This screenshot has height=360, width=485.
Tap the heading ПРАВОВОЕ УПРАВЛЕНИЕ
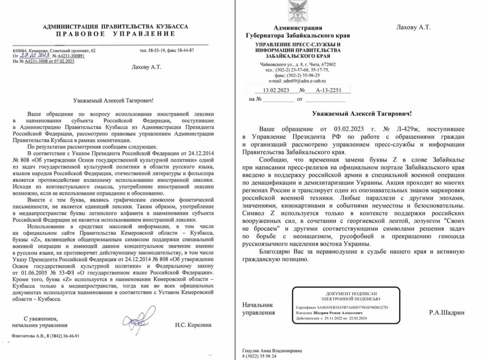pyautogui.click(x=115, y=34)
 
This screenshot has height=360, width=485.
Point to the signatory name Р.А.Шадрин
pyautogui.click(x=447, y=313)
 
